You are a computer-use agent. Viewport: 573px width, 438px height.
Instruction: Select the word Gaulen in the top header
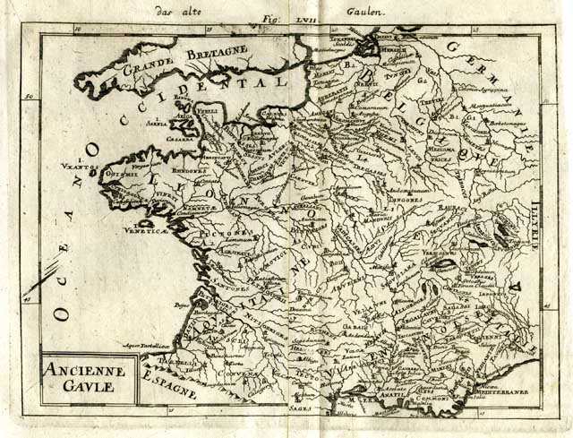[363, 12]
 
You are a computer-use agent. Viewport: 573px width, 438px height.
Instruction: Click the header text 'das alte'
[176, 12]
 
